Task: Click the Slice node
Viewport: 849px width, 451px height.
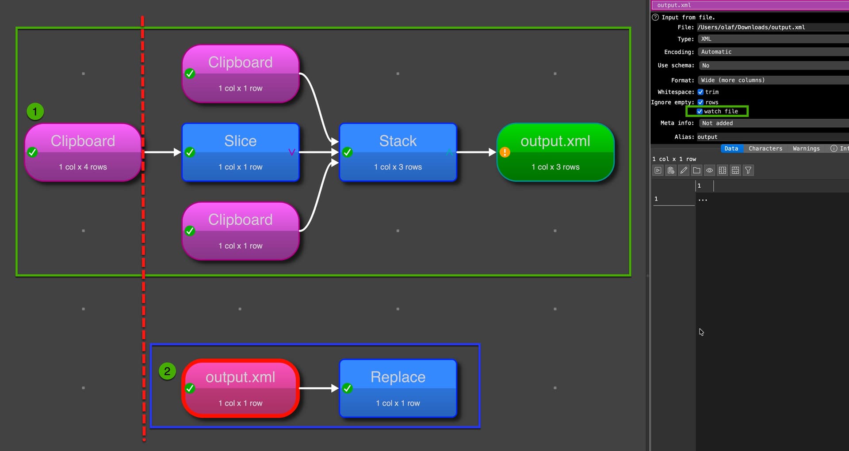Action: pyautogui.click(x=241, y=152)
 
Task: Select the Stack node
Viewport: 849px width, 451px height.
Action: pyautogui.click(x=398, y=152)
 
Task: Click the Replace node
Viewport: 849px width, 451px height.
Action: pyautogui.click(x=398, y=388)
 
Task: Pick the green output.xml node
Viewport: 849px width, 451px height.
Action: pyautogui.click(x=555, y=152)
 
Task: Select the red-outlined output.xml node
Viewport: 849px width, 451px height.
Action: pyautogui.click(x=241, y=388)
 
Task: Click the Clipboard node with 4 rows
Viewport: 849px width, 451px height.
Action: pyautogui.click(x=83, y=152)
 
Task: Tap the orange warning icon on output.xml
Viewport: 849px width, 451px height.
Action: pyautogui.click(x=505, y=152)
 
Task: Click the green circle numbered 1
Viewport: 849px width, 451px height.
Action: pyautogui.click(x=35, y=111)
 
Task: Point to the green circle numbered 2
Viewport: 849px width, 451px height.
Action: pyautogui.click(x=167, y=371)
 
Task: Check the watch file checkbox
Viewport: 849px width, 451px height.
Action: pyautogui.click(x=700, y=111)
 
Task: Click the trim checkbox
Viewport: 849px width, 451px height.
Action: pyautogui.click(x=700, y=92)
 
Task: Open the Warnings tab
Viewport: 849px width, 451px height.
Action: pyautogui.click(x=806, y=148)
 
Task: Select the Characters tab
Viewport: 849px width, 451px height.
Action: pyautogui.click(x=765, y=148)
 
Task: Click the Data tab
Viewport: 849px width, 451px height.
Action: pyautogui.click(x=731, y=148)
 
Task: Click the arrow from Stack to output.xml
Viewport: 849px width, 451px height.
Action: pyautogui.click(x=476, y=152)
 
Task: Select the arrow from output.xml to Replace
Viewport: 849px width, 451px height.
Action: pyautogui.click(x=318, y=388)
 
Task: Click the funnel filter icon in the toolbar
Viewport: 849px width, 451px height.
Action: pyautogui.click(x=748, y=171)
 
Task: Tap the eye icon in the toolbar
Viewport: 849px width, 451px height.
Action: pyautogui.click(x=709, y=171)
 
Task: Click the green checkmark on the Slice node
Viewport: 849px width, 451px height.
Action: pyautogui.click(x=190, y=152)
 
